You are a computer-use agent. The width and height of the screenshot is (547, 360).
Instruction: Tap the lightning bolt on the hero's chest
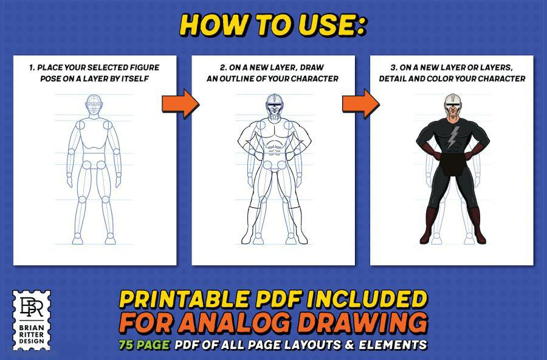pyautogui.click(x=452, y=137)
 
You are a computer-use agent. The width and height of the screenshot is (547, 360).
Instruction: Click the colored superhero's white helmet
pyautogui.click(x=452, y=102)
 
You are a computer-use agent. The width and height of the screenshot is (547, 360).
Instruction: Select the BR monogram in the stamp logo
pyautogui.click(x=32, y=306)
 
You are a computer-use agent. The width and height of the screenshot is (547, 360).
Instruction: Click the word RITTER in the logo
pyautogui.click(x=32, y=334)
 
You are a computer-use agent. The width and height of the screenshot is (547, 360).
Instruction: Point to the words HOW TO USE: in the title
pyautogui.click(x=272, y=25)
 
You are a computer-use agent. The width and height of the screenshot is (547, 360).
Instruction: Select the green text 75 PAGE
pyautogui.click(x=143, y=345)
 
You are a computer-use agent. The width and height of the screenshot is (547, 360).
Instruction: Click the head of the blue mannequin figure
pyautogui.click(x=94, y=105)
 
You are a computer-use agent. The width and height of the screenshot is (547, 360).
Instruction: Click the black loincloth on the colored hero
pyautogui.click(x=453, y=164)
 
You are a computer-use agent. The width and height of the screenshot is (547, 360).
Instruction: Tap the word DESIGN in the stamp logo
pyautogui.click(x=32, y=341)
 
